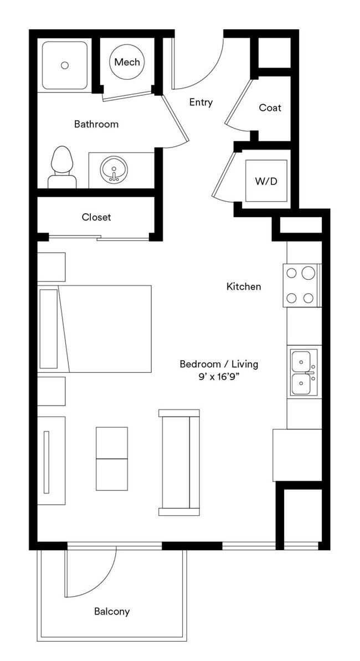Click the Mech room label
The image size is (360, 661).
pyautogui.click(x=127, y=62)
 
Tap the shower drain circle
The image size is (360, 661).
pyautogui.click(x=65, y=65)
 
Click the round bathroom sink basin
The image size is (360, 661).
pyautogui.click(x=114, y=169)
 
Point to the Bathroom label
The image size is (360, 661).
pyautogui.click(x=96, y=124)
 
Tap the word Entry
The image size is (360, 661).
pyautogui.click(x=200, y=103)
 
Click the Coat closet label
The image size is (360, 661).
pyautogui.click(x=270, y=107)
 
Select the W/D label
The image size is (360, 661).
pyautogui.click(x=266, y=181)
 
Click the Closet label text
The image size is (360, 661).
pyautogui.click(x=96, y=217)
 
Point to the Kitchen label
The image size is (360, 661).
pyautogui.click(x=244, y=286)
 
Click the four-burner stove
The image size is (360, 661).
pyautogui.click(x=300, y=285)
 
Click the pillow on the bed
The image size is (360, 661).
pyautogui.click(x=49, y=329)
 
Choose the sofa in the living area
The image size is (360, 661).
pyautogui.click(x=179, y=462)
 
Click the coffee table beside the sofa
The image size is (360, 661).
pyautogui.click(x=111, y=458)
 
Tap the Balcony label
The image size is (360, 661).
pyautogui.click(x=112, y=612)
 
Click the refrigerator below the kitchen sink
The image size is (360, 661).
pyautogui.click(x=297, y=454)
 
